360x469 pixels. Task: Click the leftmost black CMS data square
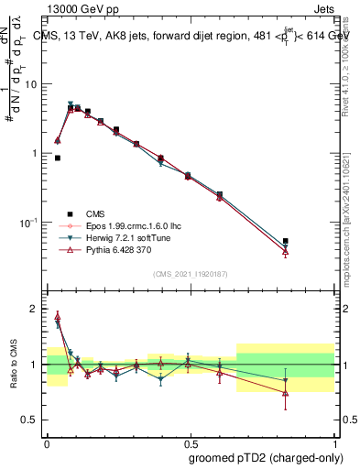[58, 158]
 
